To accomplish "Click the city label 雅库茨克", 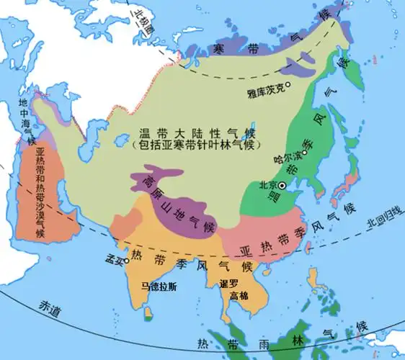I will click(x=267, y=92).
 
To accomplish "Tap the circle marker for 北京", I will click(x=282, y=186).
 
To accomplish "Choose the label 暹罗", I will click(x=228, y=284).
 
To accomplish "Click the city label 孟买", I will click(x=112, y=259).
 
